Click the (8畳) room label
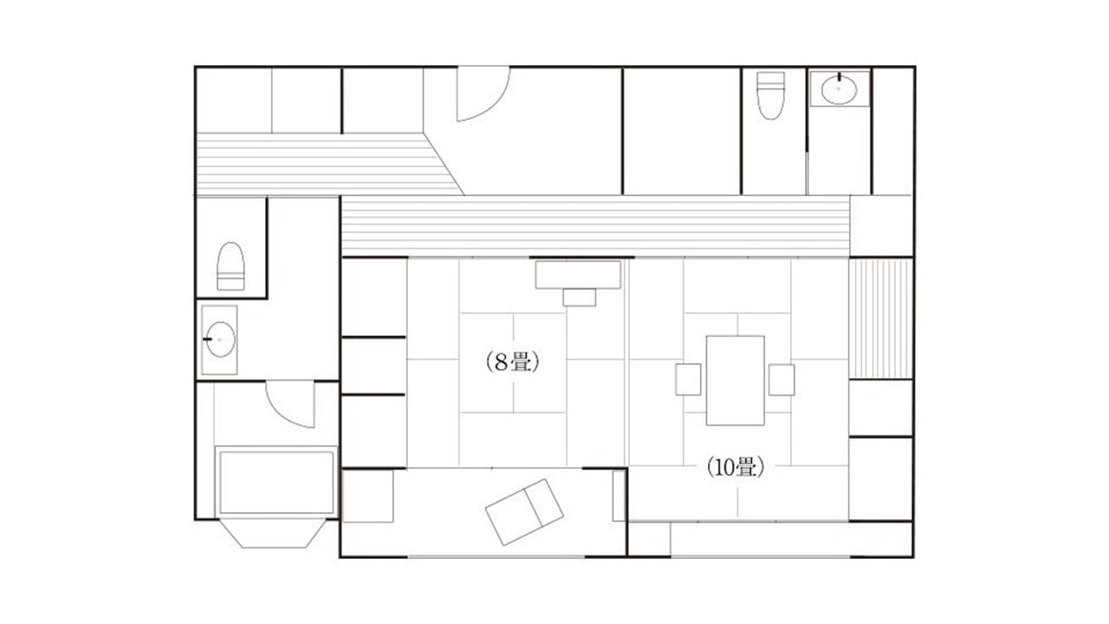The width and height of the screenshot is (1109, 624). pyautogui.click(x=512, y=362)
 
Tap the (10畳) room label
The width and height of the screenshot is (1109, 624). pyautogui.click(x=736, y=467)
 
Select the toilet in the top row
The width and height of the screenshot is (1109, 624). pyautogui.click(x=771, y=95)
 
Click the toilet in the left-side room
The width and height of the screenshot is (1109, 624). pyautogui.click(x=230, y=266)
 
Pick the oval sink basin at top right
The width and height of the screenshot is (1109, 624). pyautogui.click(x=840, y=89)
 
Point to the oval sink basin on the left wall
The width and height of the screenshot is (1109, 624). pyautogui.click(x=220, y=339)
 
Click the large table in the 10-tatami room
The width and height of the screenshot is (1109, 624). pyautogui.click(x=736, y=380)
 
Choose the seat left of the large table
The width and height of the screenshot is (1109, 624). pyautogui.click(x=688, y=380)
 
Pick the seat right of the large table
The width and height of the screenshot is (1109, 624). pyautogui.click(x=781, y=380)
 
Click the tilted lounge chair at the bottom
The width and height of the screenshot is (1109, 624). pyautogui.click(x=524, y=512)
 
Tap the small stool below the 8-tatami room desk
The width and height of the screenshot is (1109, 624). pyautogui.click(x=580, y=297)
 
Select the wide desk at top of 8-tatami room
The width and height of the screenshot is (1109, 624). pyautogui.click(x=578, y=275)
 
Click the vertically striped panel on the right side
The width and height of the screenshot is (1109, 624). pyautogui.click(x=881, y=319)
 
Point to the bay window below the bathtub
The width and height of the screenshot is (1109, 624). pyautogui.click(x=272, y=533)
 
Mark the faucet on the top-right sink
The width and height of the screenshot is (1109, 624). pyautogui.click(x=840, y=77)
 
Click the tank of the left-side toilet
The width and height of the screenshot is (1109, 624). pyautogui.click(x=230, y=282)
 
